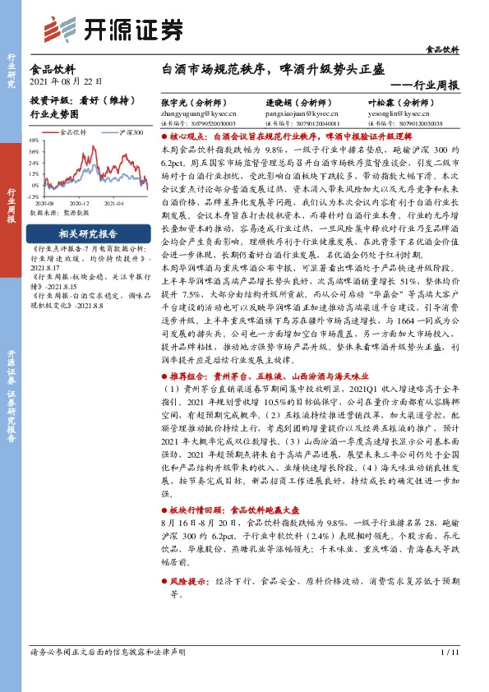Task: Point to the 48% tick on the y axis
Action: pos(34,141)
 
